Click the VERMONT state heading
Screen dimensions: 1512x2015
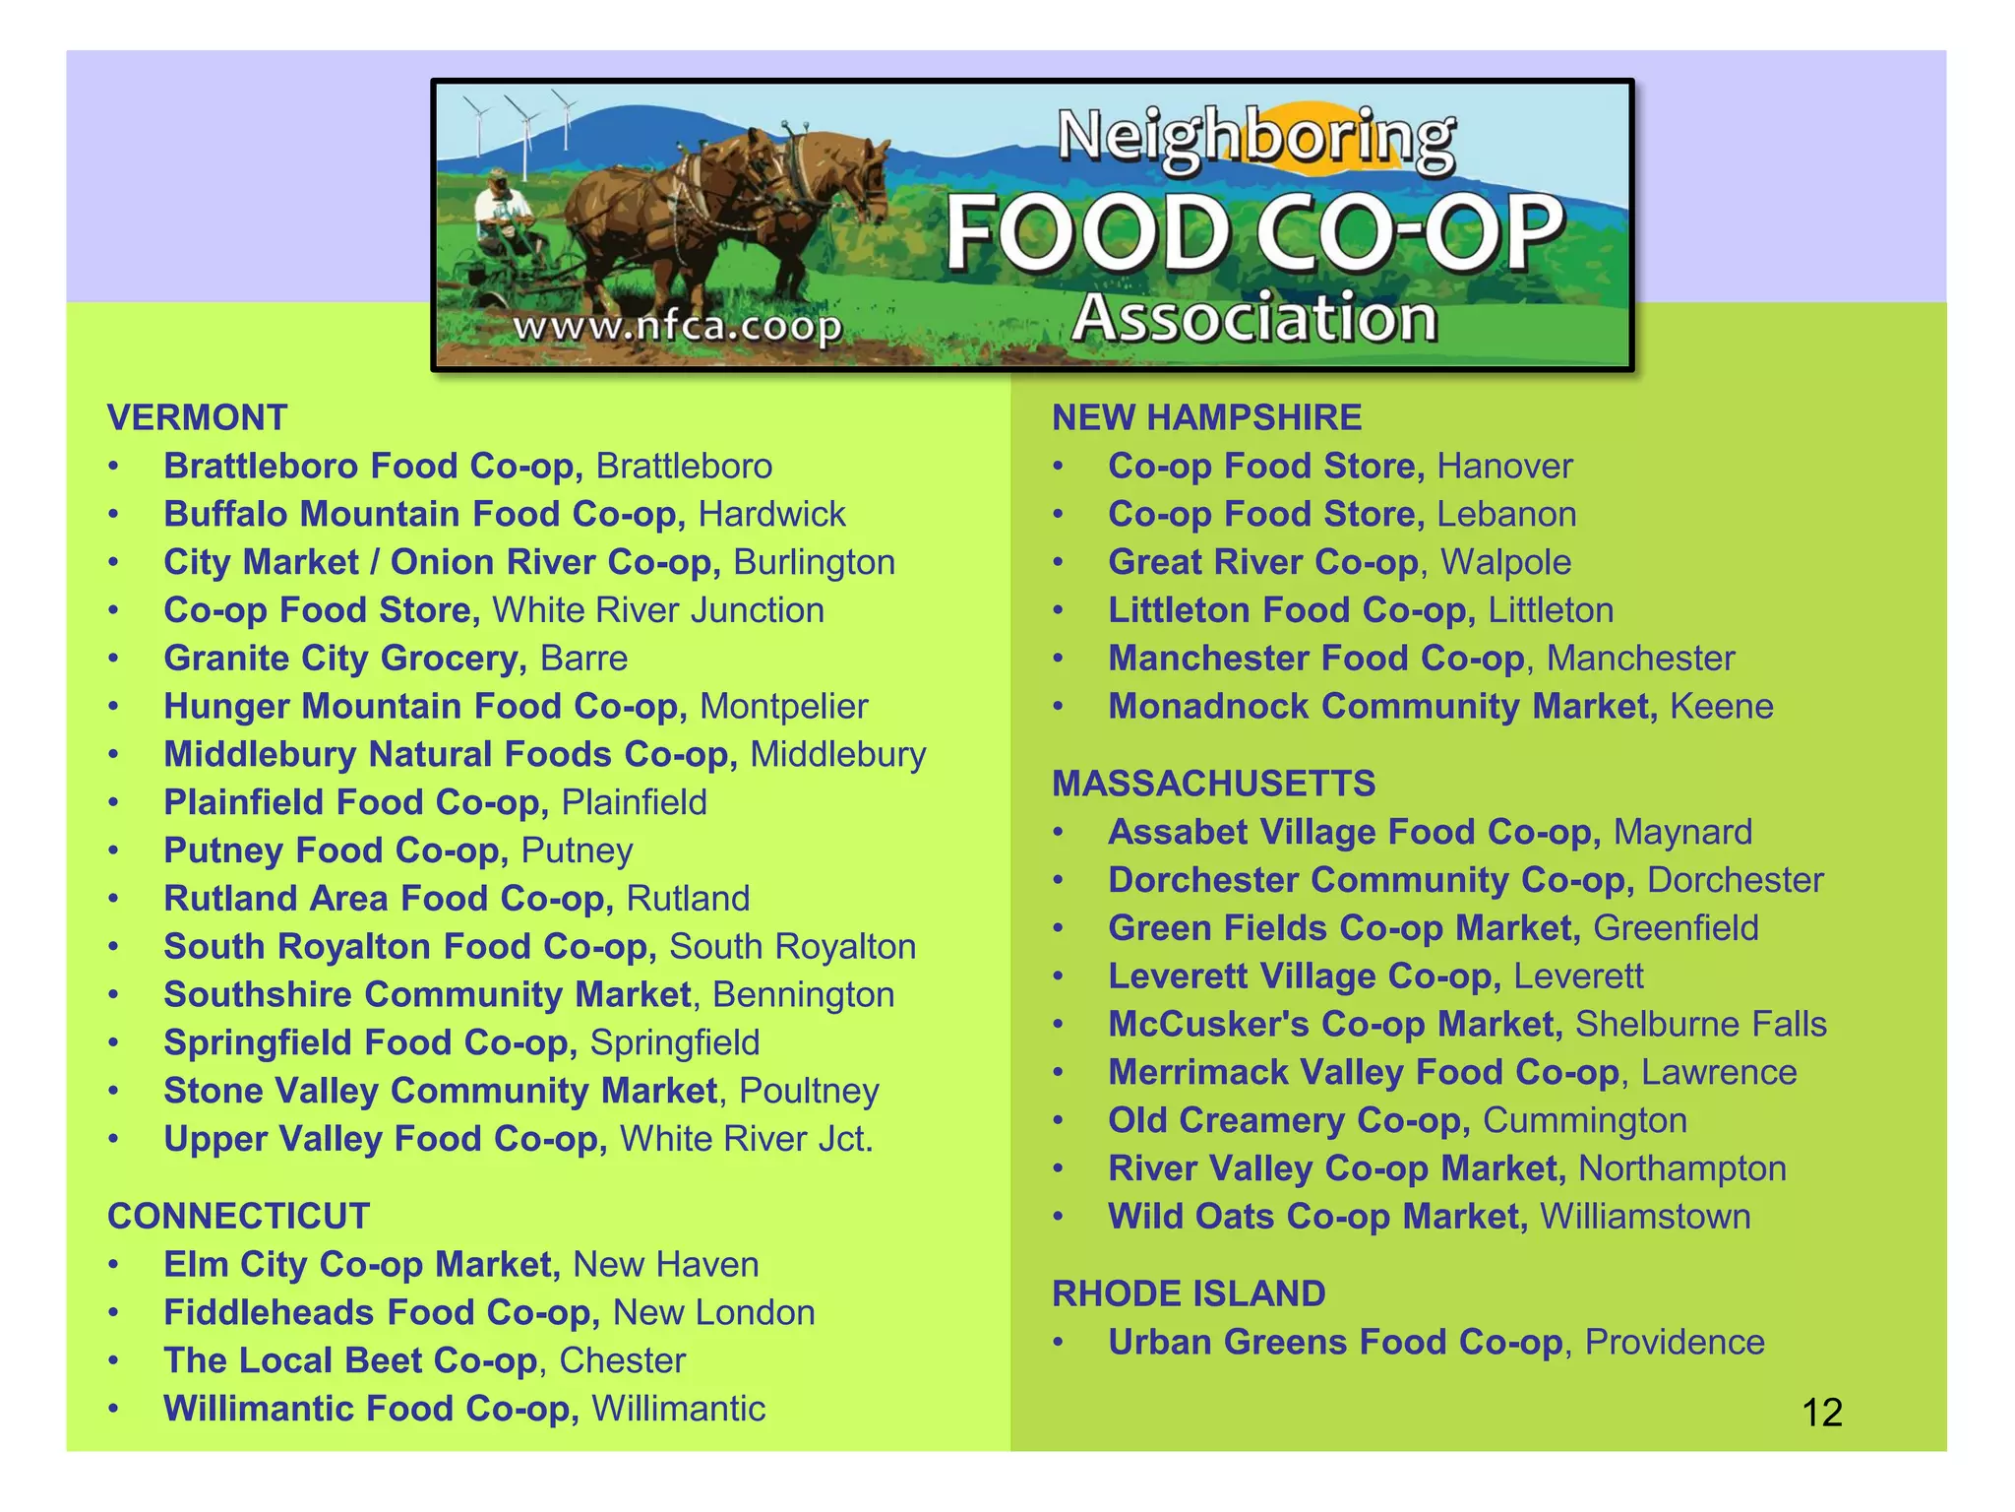197,418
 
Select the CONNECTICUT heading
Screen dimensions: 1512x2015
238,1217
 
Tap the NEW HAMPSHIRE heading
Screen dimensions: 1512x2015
1206,418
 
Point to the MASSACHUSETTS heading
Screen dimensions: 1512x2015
1213,784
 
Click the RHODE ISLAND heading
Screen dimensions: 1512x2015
1189,1293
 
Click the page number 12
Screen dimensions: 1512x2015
1821,1413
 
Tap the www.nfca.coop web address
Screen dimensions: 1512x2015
678,326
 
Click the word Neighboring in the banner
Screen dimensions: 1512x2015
1255,138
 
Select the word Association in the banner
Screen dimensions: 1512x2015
1254,318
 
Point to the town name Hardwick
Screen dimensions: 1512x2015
771,514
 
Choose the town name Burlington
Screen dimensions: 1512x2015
814,562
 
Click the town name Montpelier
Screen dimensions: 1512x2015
783,707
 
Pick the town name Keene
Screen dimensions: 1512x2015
1721,707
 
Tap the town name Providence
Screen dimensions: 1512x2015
1675,1342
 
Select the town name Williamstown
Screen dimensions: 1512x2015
1645,1217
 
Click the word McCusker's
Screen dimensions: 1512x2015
1208,1024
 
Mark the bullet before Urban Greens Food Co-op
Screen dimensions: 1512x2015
1059,1343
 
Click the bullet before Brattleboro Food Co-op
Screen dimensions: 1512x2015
114,467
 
